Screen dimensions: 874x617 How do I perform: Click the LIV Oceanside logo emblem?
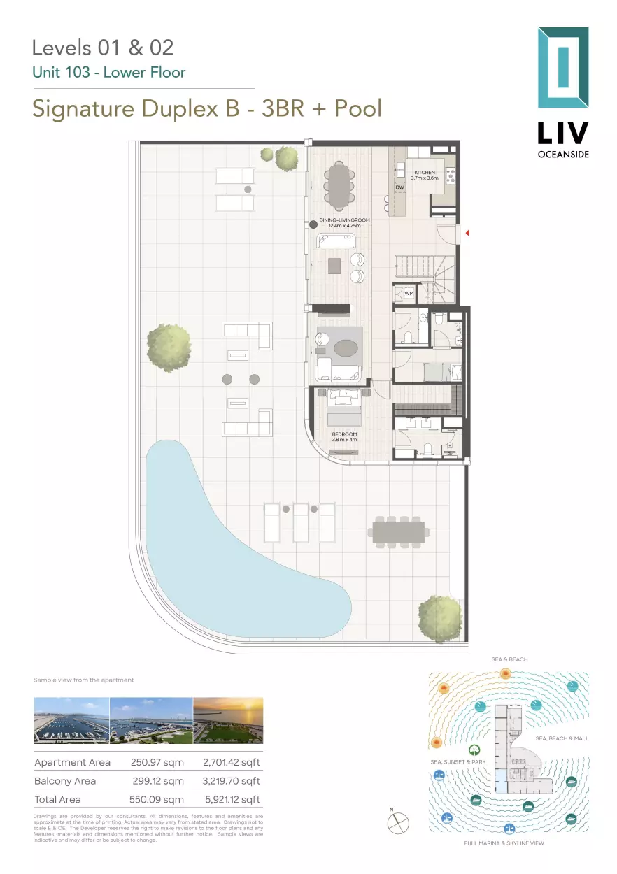point(563,67)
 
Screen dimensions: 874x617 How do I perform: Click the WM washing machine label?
point(409,293)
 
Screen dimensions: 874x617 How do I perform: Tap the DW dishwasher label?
point(399,187)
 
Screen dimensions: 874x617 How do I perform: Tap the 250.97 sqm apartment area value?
point(157,762)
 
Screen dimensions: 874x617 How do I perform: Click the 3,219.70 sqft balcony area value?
point(231,781)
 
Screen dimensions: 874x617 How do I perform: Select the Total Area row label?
point(57,799)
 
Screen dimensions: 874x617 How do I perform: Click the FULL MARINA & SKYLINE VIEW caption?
point(504,843)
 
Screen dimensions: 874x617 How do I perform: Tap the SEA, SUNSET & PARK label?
point(458,761)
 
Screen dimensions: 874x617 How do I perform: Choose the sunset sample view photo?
point(228,720)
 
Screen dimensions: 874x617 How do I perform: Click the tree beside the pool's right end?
point(439,615)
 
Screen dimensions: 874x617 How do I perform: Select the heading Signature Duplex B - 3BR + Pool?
point(207,108)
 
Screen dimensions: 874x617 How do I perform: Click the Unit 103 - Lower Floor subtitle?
point(108,72)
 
